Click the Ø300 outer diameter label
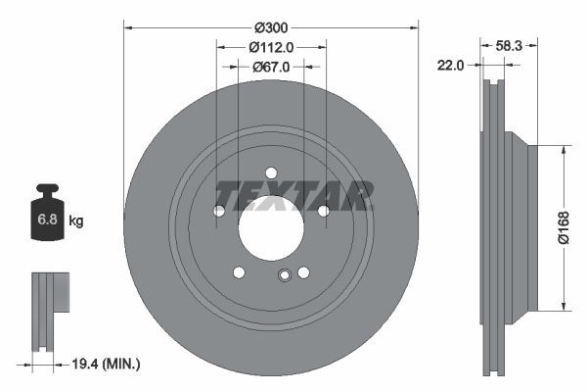pos(271,28)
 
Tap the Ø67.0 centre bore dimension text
pos(271,68)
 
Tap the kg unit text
pos(75,221)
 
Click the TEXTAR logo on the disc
pos(293,195)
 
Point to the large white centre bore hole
pos(271,228)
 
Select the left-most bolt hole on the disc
pos(219,211)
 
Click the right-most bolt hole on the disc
pos(323,211)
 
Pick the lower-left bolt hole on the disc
pos(239,272)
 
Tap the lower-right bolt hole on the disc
pos(303,272)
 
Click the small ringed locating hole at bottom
pos(284,275)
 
